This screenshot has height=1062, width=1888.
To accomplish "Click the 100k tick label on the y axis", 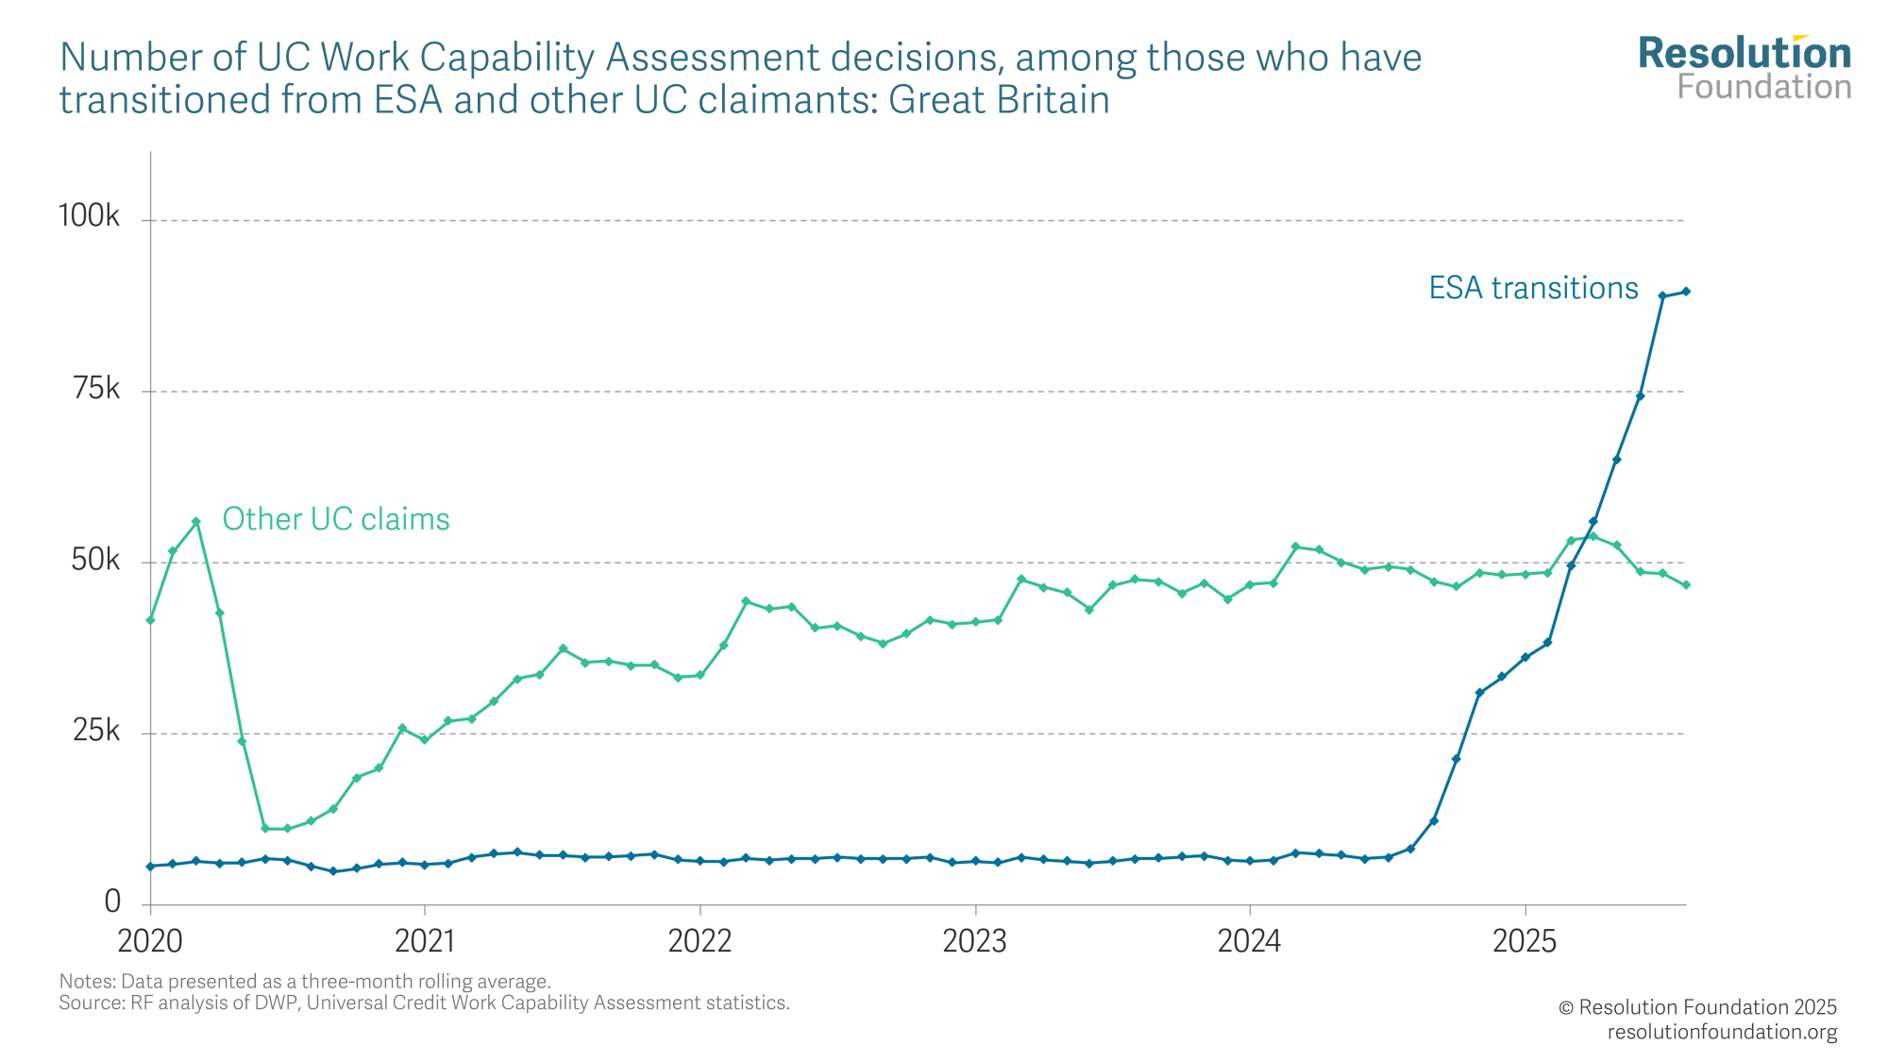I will click(89, 216).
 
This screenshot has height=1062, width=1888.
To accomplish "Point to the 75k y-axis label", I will click(96, 388).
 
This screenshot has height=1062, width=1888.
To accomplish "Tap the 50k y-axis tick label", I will click(96, 560).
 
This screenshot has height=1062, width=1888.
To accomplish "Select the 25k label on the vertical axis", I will click(96, 731).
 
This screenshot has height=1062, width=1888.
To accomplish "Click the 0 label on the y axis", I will click(112, 902).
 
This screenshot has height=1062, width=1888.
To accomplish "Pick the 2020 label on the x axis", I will click(150, 941).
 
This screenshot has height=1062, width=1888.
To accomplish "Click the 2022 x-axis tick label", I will click(700, 941).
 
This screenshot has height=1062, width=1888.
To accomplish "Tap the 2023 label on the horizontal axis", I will click(974, 941).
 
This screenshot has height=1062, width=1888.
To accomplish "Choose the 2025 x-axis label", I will click(1524, 941).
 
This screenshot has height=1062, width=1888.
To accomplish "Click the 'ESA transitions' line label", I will click(1533, 288).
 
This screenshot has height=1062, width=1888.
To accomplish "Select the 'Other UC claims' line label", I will click(336, 519).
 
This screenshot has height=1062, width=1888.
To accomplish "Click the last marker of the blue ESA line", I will click(1686, 292).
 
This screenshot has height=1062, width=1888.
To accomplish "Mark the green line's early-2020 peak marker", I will click(196, 521).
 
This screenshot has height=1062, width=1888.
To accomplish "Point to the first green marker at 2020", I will click(150, 620).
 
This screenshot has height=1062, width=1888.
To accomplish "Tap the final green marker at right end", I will click(1686, 585).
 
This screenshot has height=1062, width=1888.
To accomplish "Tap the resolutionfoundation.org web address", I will click(1722, 1032).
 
